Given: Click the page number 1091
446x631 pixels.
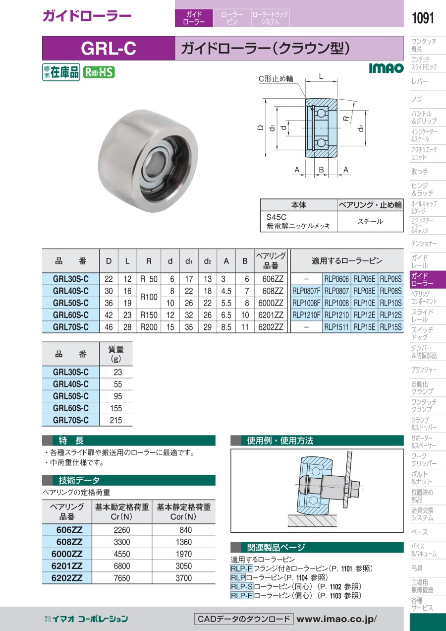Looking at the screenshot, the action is pyautogui.click(x=423, y=18).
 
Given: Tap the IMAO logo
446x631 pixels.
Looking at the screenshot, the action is pyautogui.click(x=386, y=68).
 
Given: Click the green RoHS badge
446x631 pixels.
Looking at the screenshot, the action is pyautogui.click(x=99, y=72).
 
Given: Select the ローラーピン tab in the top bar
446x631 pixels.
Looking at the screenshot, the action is pyautogui.click(x=232, y=18).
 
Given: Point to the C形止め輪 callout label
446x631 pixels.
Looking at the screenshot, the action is pyautogui.click(x=276, y=78).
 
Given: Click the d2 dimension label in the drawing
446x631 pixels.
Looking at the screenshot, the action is pyautogui.click(x=361, y=128).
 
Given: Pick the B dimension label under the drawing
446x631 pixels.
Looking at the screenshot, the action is pyautogui.click(x=321, y=170).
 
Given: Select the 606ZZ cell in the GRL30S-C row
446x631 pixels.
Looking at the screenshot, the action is pyautogui.click(x=273, y=279).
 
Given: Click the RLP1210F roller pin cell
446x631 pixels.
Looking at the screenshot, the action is pyautogui.click(x=306, y=315).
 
